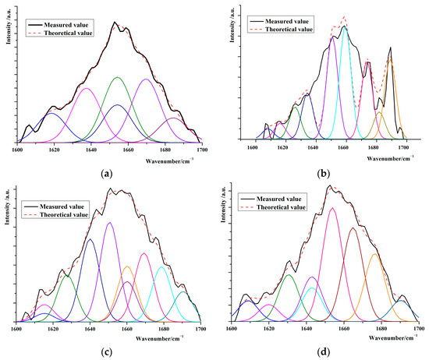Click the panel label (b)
[321, 172]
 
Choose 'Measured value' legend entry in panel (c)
[63, 187]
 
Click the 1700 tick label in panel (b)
[403, 146]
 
